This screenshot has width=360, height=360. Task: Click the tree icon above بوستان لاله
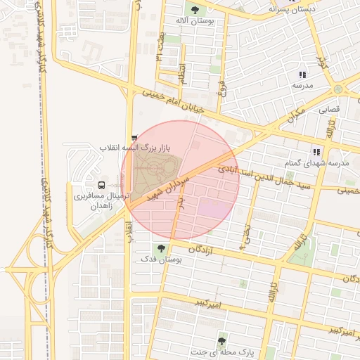coord(195,10)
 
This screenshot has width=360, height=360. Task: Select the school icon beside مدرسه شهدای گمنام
coord(316,152)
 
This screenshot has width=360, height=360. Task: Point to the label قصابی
coord(330,110)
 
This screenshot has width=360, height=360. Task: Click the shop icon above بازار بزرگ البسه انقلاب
coord(134,138)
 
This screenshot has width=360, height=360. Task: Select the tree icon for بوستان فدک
coord(162,248)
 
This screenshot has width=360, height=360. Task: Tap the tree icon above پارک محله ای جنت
coord(222,341)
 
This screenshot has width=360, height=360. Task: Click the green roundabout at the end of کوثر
coord(338,90)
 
